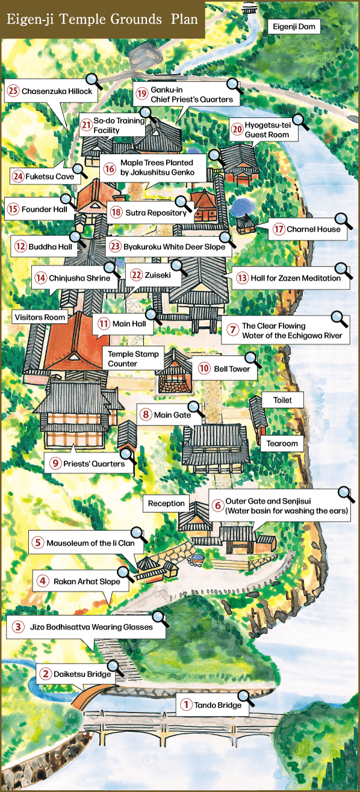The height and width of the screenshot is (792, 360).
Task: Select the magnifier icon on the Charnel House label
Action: coord(342,220)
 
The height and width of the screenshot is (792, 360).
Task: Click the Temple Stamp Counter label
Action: coord(134,359)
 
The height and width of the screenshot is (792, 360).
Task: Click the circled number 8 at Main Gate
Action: coord(146,414)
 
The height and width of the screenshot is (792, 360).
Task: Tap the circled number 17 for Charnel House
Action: coord(278,229)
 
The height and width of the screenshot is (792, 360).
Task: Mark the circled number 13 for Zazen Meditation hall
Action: coord(242,278)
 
